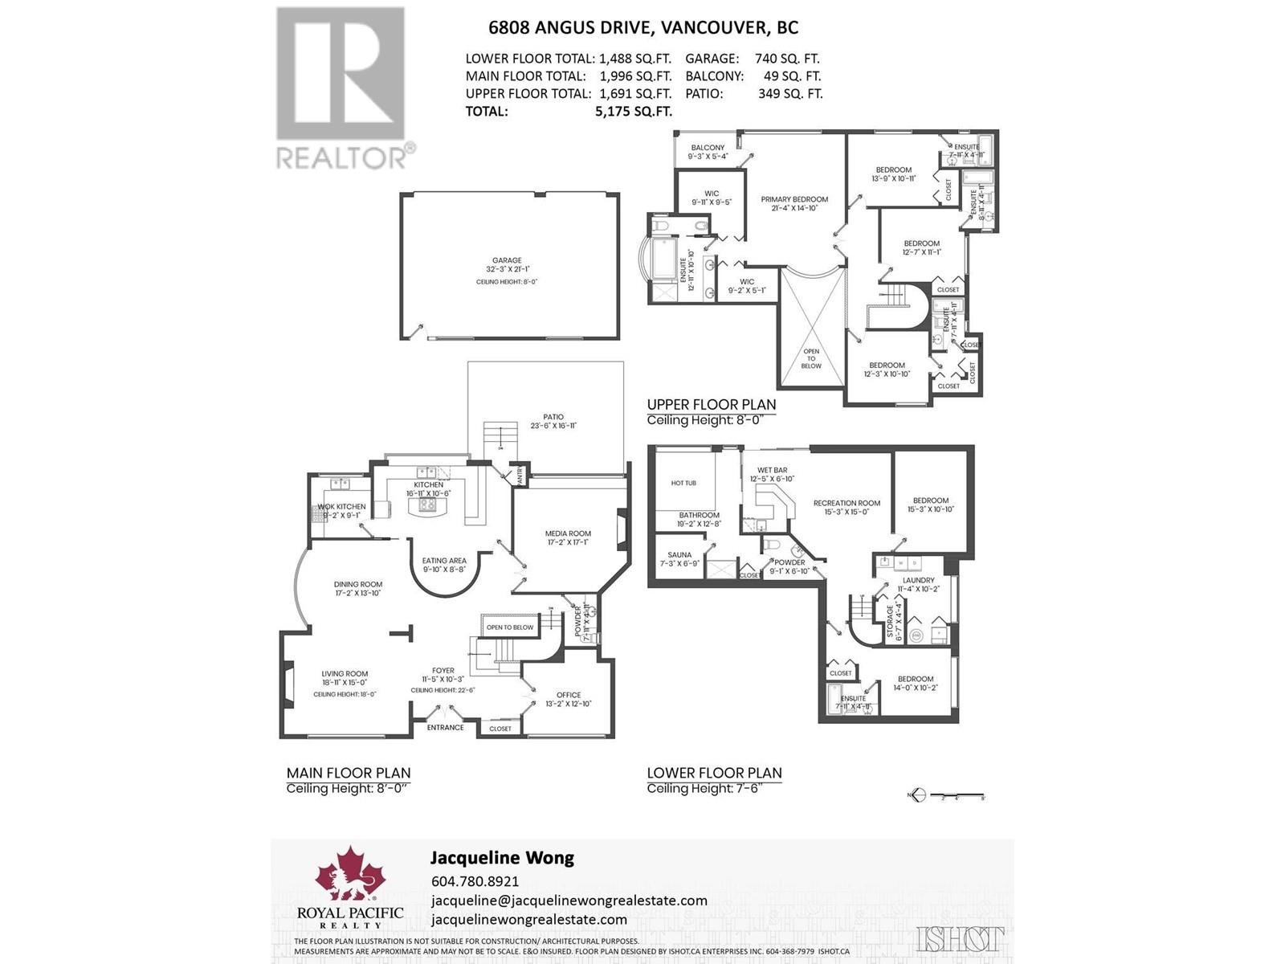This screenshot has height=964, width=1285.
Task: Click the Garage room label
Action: (x=507, y=260)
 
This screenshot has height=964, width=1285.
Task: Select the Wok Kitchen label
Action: (x=341, y=507)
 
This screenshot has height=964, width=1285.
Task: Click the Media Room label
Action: (x=568, y=533)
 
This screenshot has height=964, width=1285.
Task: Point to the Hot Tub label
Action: (x=683, y=483)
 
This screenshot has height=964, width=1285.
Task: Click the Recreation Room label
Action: (x=846, y=503)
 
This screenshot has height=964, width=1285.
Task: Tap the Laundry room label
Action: (x=918, y=580)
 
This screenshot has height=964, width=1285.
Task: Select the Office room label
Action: (x=568, y=695)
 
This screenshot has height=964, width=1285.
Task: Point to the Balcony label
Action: (x=708, y=148)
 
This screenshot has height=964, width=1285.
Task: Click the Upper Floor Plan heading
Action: (x=711, y=404)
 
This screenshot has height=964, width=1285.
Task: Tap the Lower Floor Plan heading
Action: (x=714, y=773)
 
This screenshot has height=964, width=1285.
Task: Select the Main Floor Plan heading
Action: (x=349, y=773)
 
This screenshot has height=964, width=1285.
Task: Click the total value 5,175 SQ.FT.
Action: (x=633, y=111)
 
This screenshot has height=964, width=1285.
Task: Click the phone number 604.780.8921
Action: (x=475, y=880)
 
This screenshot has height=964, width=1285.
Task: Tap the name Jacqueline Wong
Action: (x=502, y=857)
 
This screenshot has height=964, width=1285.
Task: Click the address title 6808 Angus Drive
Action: (x=643, y=27)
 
